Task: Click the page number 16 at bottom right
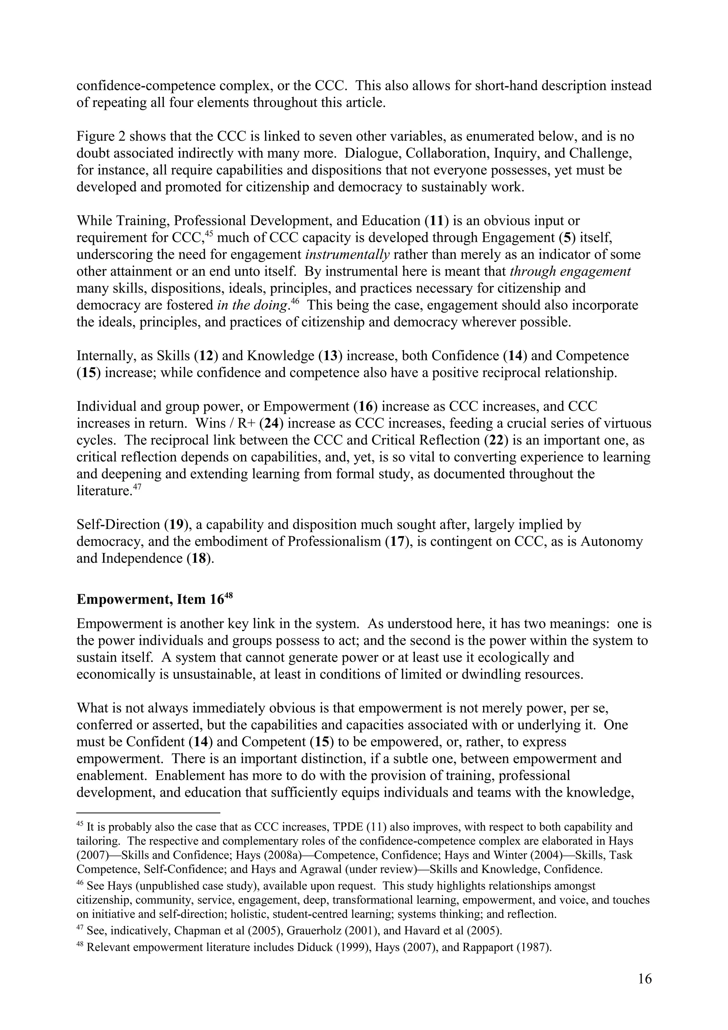[644, 979]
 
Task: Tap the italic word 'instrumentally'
[347, 255]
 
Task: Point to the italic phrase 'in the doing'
[252, 306]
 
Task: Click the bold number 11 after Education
[435, 221]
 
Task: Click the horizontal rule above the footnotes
[148, 812]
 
